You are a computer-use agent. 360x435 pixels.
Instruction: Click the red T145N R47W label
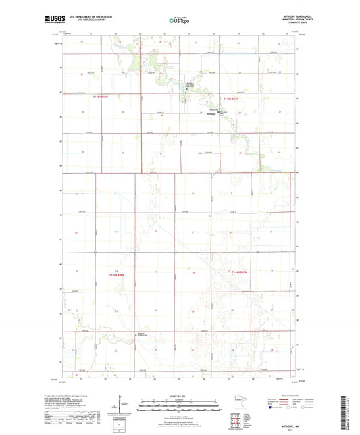[x=232, y=99]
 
